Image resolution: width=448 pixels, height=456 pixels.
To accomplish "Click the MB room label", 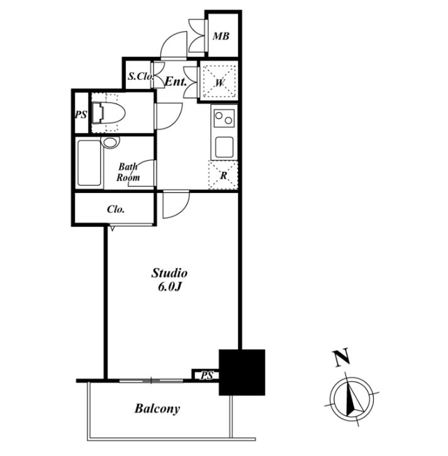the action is click(221, 36).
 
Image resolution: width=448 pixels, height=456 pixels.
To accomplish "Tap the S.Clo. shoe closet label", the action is click(141, 77).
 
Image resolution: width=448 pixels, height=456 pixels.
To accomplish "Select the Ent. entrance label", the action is click(176, 82).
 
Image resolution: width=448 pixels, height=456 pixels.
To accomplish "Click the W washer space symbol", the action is click(220, 82).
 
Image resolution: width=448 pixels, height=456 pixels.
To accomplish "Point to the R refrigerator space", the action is click(223, 175).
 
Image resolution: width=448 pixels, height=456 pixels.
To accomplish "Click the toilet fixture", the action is click(108, 113).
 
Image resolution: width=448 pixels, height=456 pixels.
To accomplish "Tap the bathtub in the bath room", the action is click(89, 163).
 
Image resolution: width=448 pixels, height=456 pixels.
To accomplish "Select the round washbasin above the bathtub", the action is click(111, 142).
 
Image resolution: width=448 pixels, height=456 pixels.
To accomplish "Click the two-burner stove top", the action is click(224, 118).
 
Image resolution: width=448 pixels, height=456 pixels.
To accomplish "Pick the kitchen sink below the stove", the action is click(224, 147).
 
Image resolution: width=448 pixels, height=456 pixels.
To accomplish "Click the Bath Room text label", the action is click(128, 172).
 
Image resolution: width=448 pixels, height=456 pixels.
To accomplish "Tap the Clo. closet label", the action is click(116, 209).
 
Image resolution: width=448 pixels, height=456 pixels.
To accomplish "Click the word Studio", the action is click(169, 273).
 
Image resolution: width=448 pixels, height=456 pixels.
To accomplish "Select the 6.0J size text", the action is click(170, 287).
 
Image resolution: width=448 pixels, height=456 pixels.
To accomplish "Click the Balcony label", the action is click(157, 409).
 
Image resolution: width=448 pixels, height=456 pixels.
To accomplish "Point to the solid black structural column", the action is click(242, 372).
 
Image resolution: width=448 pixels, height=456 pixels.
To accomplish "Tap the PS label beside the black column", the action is click(206, 375).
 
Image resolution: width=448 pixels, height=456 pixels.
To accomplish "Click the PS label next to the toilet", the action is click(81, 114).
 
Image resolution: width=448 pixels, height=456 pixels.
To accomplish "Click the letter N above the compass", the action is click(342, 357).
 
